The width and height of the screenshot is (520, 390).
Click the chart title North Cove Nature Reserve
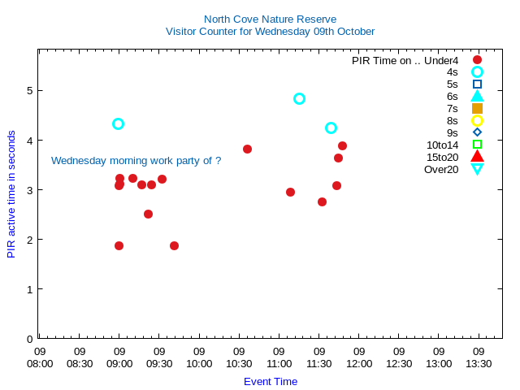(x=270, y=19)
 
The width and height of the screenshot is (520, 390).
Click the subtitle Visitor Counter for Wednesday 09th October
(x=270, y=32)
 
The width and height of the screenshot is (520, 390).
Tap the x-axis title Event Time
(x=271, y=381)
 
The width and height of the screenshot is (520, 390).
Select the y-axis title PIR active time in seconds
(x=11, y=193)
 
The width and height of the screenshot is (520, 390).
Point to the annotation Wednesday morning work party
(x=136, y=161)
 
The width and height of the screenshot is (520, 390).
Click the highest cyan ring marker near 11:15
(x=299, y=98)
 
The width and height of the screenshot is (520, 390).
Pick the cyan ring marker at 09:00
(x=118, y=123)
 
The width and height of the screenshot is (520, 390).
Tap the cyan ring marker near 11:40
(x=331, y=128)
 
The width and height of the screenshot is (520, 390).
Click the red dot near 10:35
(x=247, y=149)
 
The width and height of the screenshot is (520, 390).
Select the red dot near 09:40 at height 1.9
(x=174, y=245)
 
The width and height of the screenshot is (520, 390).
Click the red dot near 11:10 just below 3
(x=290, y=192)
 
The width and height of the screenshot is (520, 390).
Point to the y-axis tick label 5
(x=29, y=90)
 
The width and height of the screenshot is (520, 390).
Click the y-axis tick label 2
(x=29, y=240)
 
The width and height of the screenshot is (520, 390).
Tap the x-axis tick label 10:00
(x=199, y=358)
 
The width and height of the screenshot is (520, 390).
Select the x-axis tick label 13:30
(x=479, y=358)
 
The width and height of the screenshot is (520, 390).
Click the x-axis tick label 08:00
(x=40, y=358)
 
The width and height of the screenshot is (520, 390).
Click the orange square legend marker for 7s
(x=477, y=108)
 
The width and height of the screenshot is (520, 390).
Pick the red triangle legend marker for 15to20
(x=477, y=157)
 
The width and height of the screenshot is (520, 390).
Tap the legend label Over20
(x=441, y=169)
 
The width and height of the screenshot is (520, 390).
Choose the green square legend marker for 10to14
(x=477, y=145)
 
